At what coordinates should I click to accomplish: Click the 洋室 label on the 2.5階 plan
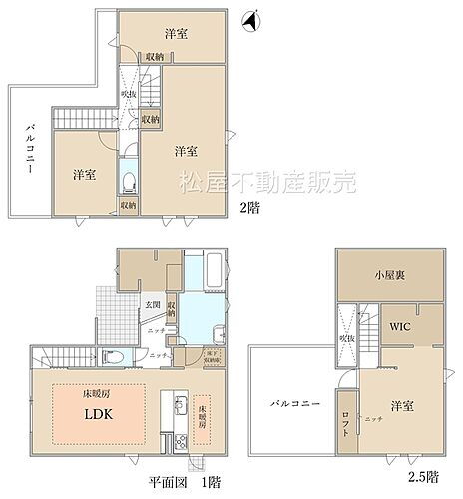[403, 405]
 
